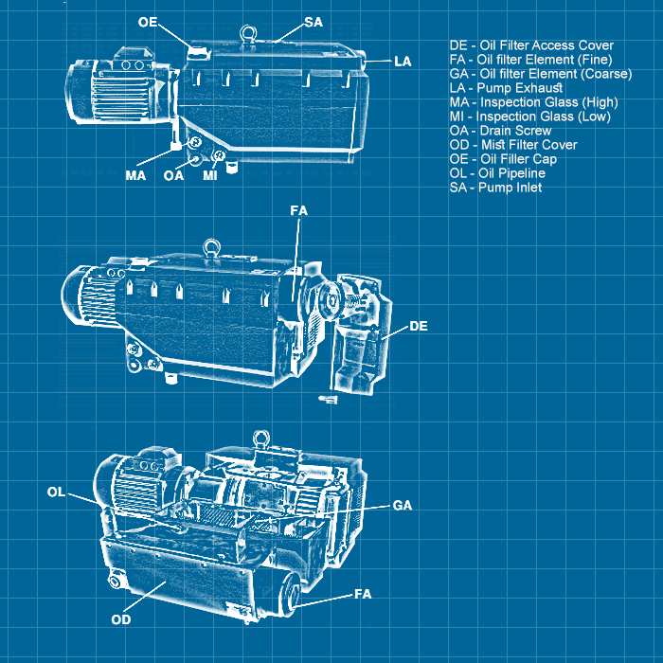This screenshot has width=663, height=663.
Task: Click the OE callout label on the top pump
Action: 148,21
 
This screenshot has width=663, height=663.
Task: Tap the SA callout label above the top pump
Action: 313,21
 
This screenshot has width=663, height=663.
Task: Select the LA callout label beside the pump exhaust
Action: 403,61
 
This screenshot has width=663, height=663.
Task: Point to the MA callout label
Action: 135,175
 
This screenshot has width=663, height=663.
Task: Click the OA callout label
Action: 173,175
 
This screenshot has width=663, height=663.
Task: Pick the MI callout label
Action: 210,175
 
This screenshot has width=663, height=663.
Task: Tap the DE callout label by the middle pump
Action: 419,326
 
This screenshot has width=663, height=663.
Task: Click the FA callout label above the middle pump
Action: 298,210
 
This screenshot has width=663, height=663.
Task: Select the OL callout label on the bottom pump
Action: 57,492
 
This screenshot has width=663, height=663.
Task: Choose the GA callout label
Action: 403,506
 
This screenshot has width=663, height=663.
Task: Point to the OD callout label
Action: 120,619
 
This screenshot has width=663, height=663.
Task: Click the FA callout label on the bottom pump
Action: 363,594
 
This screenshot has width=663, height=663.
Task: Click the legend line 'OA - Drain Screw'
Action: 500,131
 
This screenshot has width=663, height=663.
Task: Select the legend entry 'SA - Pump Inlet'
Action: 495,188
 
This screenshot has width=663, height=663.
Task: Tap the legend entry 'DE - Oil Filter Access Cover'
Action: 531,45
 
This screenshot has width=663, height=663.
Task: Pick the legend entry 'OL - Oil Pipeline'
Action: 497,173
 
